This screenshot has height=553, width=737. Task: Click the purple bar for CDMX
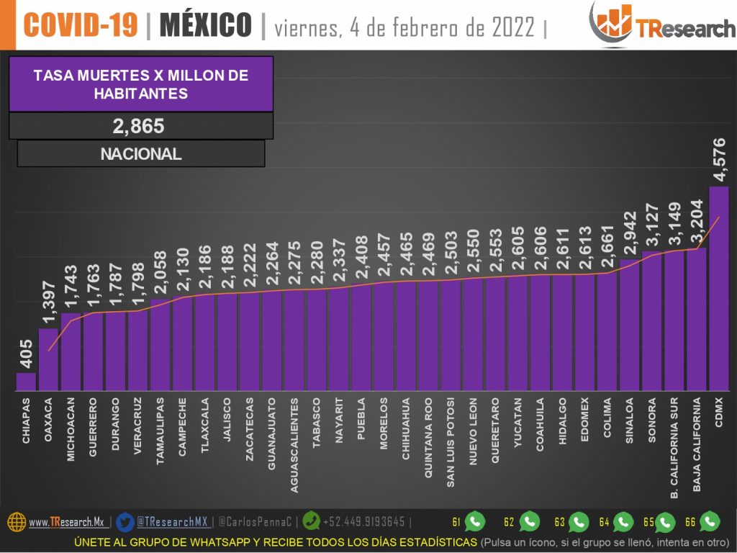tap(718, 288)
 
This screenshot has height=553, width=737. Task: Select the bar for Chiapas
tap(26, 382)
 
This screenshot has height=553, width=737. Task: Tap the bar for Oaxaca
tap(48, 360)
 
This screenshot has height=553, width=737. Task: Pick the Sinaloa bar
tap(629, 324)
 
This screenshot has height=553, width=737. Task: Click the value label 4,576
tap(719, 160)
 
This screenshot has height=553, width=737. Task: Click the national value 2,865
tap(139, 126)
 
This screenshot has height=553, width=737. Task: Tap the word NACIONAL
tap(141, 153)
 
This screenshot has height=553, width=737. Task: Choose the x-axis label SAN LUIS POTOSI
tap(451, 441)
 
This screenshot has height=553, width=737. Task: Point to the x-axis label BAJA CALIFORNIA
tap(697, 444)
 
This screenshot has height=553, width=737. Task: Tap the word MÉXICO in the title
tap(206, 25)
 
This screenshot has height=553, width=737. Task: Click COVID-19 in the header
tap(81, 25)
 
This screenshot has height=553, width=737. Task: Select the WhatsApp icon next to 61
tap(475, 521)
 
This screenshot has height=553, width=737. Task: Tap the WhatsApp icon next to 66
tap(710, 521)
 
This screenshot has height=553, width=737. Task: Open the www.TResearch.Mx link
tap(66, 522)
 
